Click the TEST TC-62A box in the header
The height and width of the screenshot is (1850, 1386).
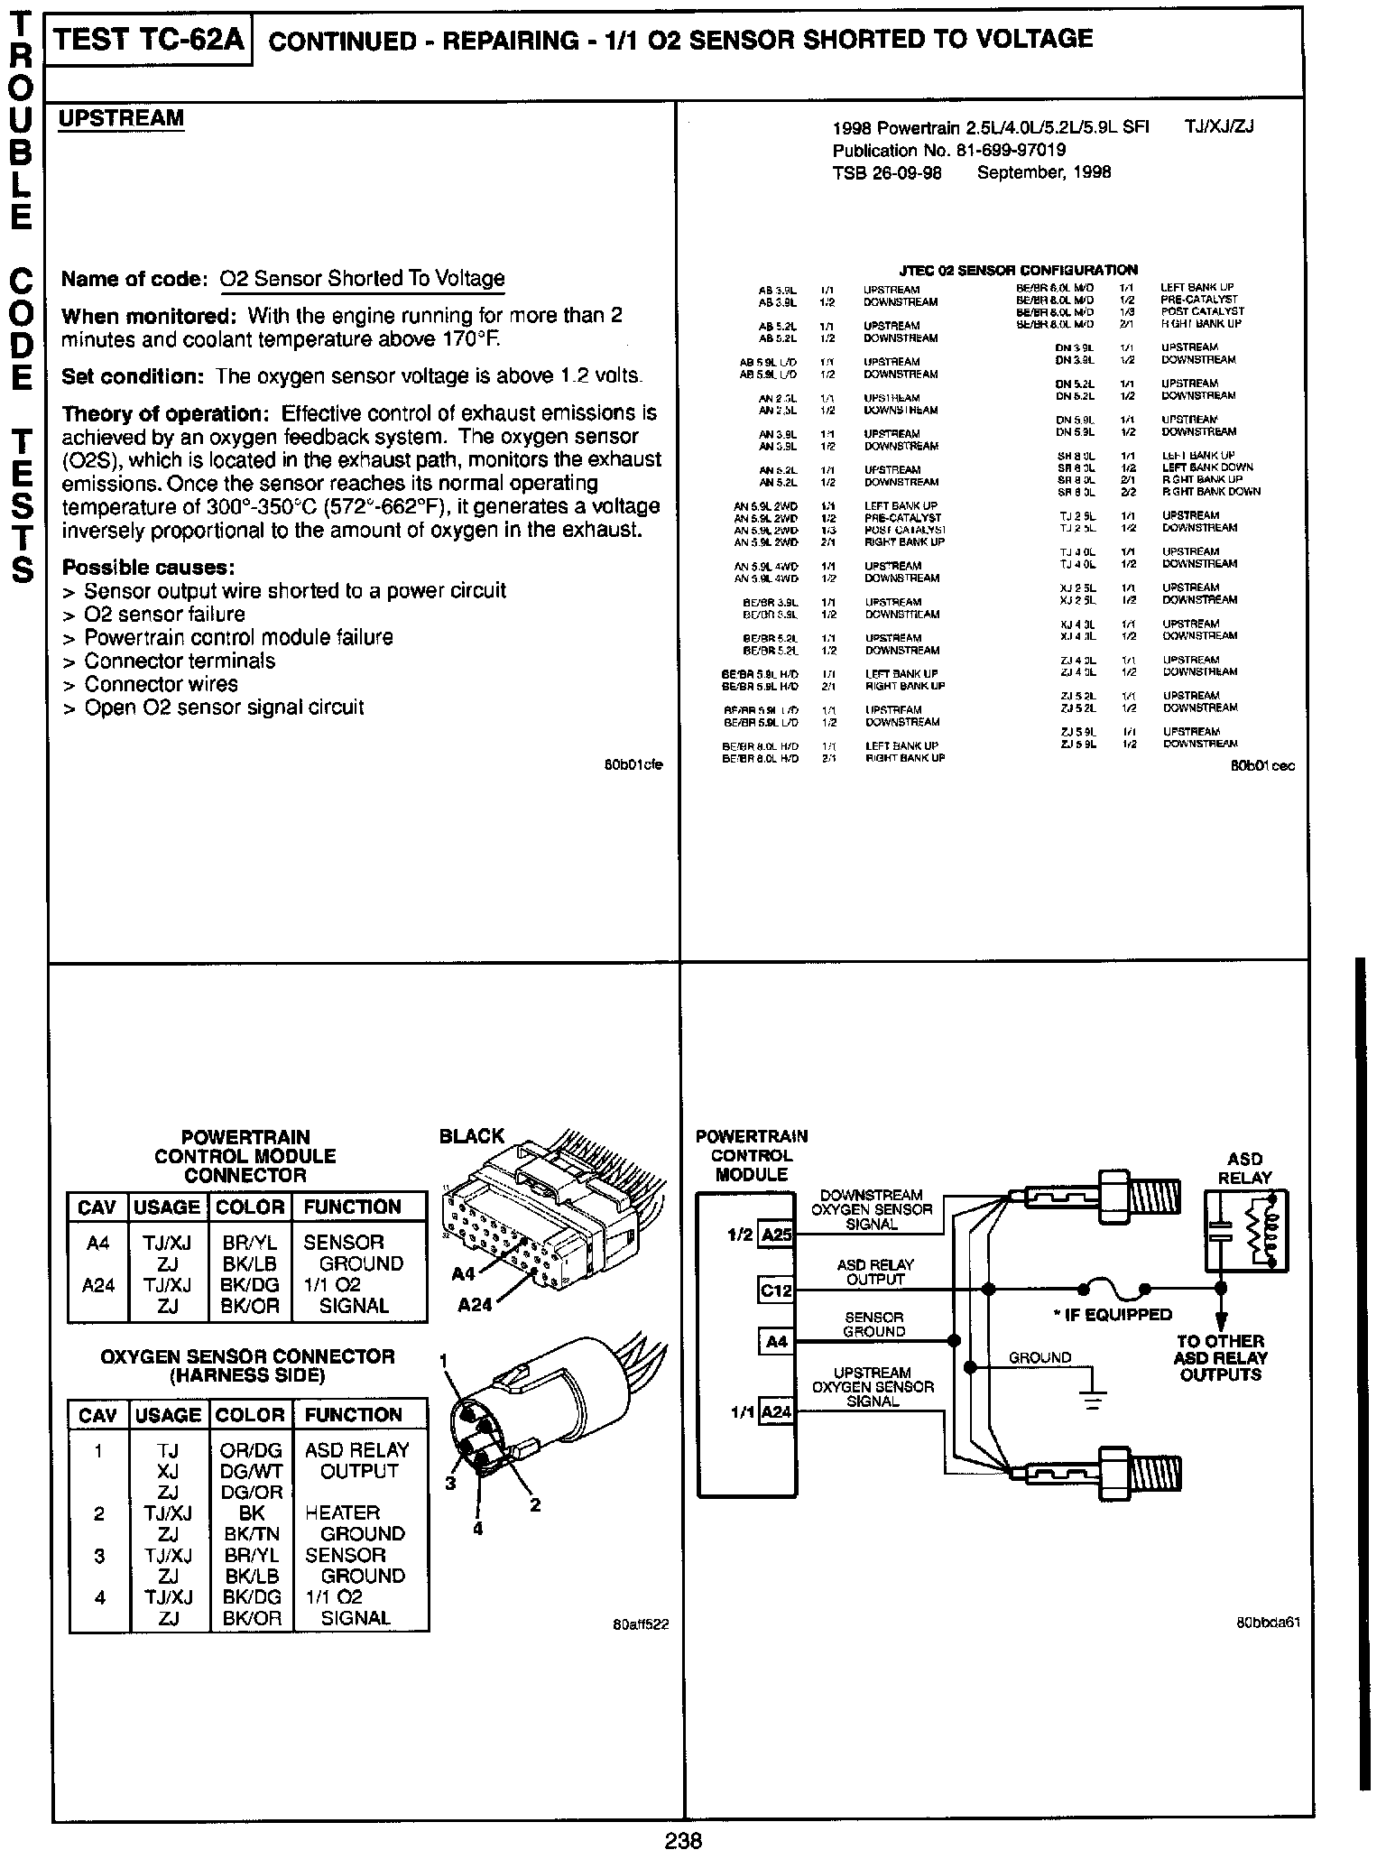pyautogui.click(x=149, y=41)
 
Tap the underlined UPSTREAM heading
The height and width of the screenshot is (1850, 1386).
pyautogui.click(x=121, y=118)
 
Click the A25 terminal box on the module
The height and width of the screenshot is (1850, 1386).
pyautogui.click(x=776, y=1235)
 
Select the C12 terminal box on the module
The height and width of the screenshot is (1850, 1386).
pyautogui.click(x=775, y=1290)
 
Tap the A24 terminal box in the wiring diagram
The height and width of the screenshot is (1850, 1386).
pyautogui.click(x=776, y=1411)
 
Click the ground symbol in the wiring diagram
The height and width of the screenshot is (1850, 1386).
pyautogui.click(x=1093, y=1399)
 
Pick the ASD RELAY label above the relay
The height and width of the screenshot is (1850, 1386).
pyautogui.click(x=1245, y=1168)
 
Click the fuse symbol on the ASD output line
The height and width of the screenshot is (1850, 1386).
pyautogui.click(x=1120, y=1288)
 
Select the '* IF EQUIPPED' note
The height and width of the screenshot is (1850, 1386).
pyautogui.click(x=1112, y=1315)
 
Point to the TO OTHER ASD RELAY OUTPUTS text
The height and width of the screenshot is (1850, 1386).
pyautogui.click(x=1220, y=1358)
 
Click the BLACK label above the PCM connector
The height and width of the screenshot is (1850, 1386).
pyautogui.click(x=471, y=1136)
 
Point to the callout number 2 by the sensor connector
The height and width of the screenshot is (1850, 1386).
pyautogui.click(x=534, y=1504)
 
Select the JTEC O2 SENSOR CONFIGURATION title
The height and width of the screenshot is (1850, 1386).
pyautogui.click(x=1019, y=270)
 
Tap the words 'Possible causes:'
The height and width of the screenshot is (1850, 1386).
pyautogui.click(x=149, y=568)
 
